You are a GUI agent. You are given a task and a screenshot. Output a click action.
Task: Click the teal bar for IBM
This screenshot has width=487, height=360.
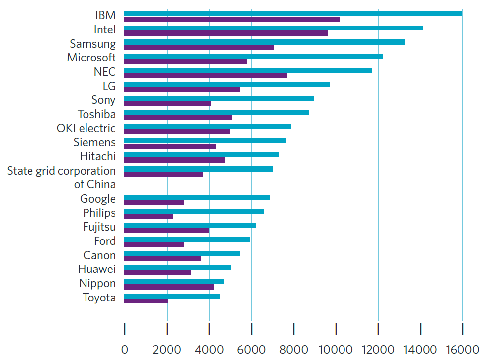pos(293,14)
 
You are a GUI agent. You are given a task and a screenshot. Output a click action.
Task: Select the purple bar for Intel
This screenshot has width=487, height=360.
pos(226,33)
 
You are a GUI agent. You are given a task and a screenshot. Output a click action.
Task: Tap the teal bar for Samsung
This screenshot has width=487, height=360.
pos(264,42)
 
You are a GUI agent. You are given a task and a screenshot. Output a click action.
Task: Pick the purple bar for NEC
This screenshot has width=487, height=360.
pos(205,76)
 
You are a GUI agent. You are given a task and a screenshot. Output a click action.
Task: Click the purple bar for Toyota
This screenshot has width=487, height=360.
pos(145,301)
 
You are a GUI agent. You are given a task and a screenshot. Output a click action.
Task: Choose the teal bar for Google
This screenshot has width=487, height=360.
pos(197,197)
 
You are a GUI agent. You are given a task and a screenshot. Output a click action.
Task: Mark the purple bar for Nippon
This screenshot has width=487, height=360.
pos(169,287)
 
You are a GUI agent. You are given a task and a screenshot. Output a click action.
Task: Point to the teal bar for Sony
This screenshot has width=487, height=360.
pos(219,98)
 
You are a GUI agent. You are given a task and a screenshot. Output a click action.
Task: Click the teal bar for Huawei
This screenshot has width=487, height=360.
pos(177,268)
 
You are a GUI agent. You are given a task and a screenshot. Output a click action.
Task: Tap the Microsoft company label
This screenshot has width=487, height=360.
pos(91,58)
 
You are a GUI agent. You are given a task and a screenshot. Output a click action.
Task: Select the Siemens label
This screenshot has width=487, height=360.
pos(94,143)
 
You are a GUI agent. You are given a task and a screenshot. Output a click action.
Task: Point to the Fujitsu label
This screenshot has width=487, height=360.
pos(99,227)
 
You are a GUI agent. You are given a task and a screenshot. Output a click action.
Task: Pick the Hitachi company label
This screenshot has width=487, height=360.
pos(98,157)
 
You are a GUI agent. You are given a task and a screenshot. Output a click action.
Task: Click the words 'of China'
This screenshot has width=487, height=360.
pos(95,185)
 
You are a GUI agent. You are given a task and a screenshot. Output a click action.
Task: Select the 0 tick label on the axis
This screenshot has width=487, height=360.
pos(124,349)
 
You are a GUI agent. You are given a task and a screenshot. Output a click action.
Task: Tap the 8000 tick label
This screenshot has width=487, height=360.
pos(293,349)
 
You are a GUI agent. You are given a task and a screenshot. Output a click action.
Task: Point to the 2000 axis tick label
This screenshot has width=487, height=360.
pos(167,349)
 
